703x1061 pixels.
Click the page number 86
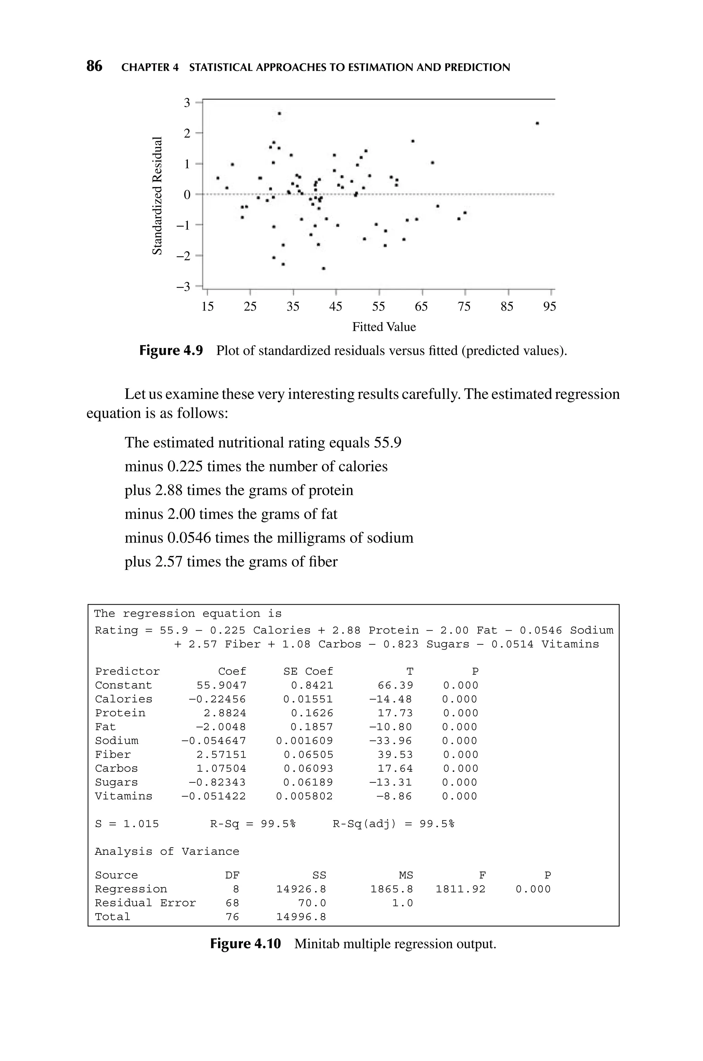click(94, 66)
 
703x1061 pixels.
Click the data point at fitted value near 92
click(537, 123)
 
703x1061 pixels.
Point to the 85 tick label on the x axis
click(507, 306)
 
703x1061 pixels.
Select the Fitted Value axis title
click(384, 327)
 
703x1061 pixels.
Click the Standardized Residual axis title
click(157, 195)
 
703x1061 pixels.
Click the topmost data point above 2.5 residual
click(279, 113)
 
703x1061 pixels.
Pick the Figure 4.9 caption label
click(171, 350)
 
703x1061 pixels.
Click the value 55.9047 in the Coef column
click(221, 685)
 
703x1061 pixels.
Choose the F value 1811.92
click(460, 889)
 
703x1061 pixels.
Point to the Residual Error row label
click(145, 903)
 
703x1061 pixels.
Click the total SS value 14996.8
click(301, 917)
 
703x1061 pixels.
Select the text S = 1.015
click(127, 824)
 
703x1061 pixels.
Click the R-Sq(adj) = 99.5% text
click(393, 824)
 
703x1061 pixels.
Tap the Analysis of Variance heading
click(167, 851)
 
